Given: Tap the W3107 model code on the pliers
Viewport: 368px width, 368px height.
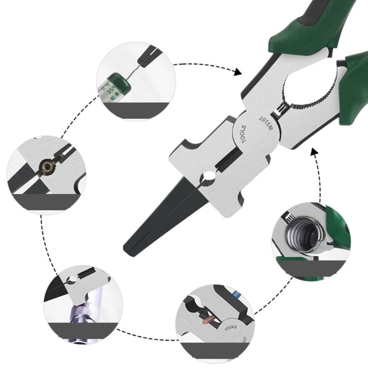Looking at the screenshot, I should point(267,123).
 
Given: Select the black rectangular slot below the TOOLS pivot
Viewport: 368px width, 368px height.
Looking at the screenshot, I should point(228,159).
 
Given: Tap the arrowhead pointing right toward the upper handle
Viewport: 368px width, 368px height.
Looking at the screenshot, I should point(237,72).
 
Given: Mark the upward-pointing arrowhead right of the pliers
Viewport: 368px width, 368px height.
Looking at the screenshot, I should point(315,153).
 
